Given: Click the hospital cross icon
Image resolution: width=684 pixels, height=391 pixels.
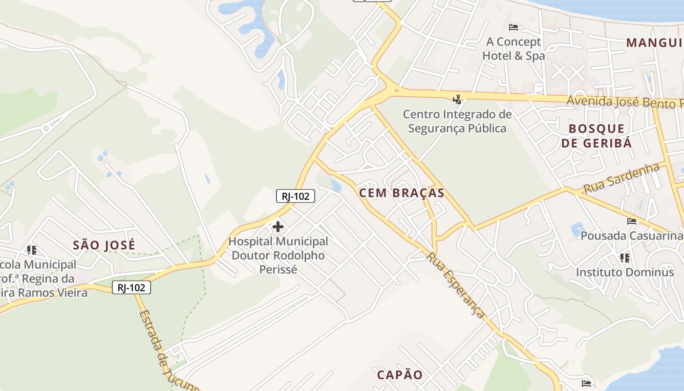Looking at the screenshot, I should (x=278, y=227).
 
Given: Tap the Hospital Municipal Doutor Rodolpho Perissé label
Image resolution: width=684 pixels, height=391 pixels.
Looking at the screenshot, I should (x=278, y=255).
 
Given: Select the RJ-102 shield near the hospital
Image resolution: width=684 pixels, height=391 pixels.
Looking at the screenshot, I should (x=295, y=196).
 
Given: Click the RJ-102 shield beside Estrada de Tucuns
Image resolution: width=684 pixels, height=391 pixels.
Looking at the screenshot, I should (x=131, y=288).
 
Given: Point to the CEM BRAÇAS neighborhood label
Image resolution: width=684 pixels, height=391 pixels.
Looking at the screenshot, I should (x=402, y=193).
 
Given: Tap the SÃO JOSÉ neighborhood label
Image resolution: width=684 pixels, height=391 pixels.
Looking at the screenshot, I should (x=104, y=245).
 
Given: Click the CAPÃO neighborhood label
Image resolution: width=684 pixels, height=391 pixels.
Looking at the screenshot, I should (x=400, y=375).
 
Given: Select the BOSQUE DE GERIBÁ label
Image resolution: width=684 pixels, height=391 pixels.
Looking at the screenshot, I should (x=597, y=136).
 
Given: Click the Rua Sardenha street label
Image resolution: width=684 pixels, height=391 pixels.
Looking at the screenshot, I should (x=621, y=178).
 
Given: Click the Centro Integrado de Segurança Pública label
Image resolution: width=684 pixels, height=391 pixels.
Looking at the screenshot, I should (x=457, y=121).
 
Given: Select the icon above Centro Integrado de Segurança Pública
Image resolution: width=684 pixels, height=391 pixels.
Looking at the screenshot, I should (x=457, y=100).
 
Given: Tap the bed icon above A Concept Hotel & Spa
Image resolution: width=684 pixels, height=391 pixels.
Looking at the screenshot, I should (x=513, y=27).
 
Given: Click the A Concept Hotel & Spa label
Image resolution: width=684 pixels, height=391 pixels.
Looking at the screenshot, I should (x=513, y=49).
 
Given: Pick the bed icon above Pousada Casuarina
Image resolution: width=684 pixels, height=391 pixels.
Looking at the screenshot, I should (x=632, y=221).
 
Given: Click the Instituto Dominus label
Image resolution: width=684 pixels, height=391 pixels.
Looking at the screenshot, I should (x=625, y=272).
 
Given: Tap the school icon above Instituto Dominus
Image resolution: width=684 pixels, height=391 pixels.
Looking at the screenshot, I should (x=624, y=258).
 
